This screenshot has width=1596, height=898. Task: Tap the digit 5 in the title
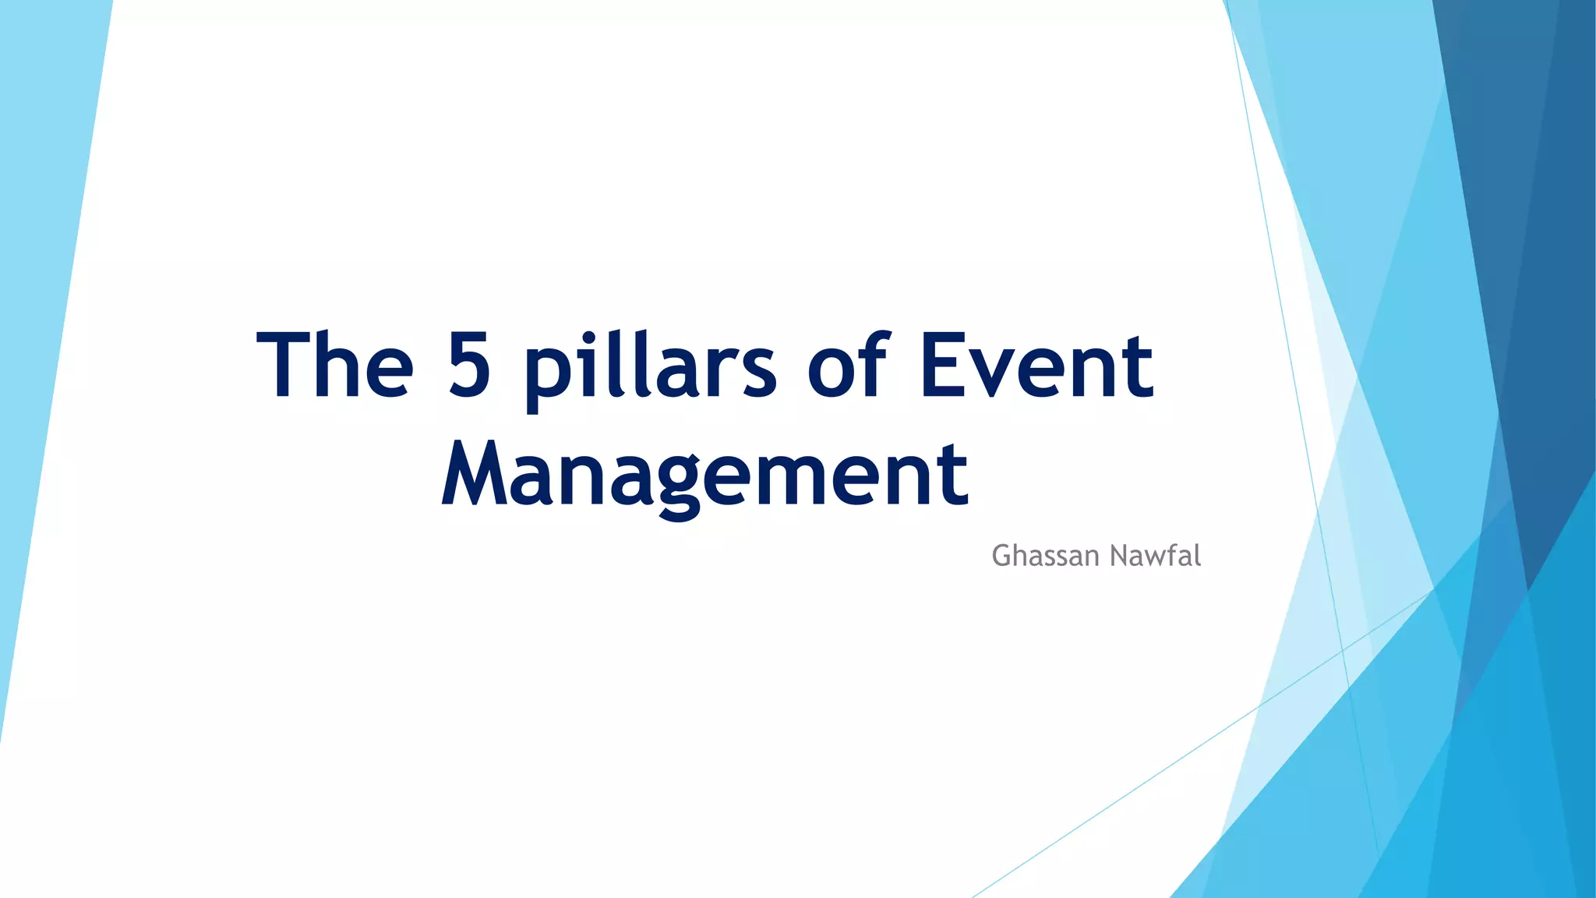469,365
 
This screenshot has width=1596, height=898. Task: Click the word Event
1036,365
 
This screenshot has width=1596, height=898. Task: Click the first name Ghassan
1045,556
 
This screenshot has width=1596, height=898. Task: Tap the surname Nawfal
1155,556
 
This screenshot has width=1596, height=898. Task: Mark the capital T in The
284,365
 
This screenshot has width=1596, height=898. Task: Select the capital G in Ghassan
1002,556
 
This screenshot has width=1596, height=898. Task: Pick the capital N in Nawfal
1119,556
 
